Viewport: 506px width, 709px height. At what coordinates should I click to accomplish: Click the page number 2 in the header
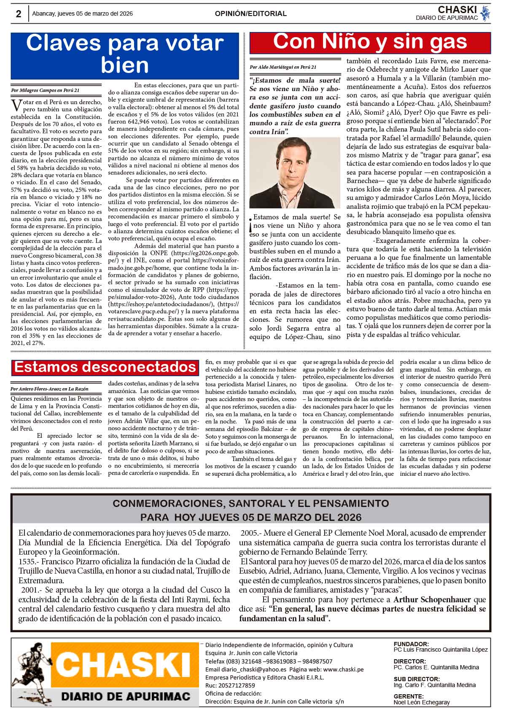19,14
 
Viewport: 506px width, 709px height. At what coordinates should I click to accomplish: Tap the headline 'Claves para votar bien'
124,54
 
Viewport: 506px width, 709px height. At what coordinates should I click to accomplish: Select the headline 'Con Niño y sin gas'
370,42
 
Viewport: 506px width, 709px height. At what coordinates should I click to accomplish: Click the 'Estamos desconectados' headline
105,367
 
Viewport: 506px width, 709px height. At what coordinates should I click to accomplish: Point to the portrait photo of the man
294,173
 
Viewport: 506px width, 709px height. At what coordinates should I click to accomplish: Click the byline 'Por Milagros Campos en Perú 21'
45,90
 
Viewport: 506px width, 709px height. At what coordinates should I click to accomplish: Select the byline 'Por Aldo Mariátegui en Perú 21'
283,67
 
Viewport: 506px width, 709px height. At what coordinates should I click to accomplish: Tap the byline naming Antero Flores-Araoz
50,389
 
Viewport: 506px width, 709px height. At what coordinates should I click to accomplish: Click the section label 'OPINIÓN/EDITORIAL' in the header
250,13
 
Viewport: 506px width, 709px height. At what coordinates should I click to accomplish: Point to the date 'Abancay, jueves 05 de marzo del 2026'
83,13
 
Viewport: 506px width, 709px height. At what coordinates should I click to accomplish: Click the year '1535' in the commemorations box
27,561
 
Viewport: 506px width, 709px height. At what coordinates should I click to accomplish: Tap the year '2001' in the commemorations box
30,590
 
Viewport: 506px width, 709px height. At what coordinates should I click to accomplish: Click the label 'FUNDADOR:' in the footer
411,644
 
